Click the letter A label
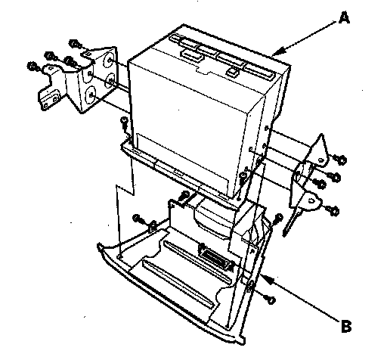coord(344,18)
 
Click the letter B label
coord(346,326)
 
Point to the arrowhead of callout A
coord(278,51)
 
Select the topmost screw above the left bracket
coord(75,45)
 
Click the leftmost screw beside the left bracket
coord(33,67)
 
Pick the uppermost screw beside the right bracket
coord(342,160)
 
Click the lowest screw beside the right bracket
coord(333,210)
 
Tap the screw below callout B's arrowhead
coord(271,299)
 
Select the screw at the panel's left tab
coord(137,218)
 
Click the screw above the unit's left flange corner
coord(125,123)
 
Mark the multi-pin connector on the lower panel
coord(214,257)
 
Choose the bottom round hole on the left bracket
coord(91,95)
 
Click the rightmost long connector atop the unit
coord(259,71)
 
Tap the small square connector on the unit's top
coord(232,71)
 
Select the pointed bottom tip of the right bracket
coord(284,235)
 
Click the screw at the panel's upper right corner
coord(278,219)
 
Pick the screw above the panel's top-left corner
coord(184,196)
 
